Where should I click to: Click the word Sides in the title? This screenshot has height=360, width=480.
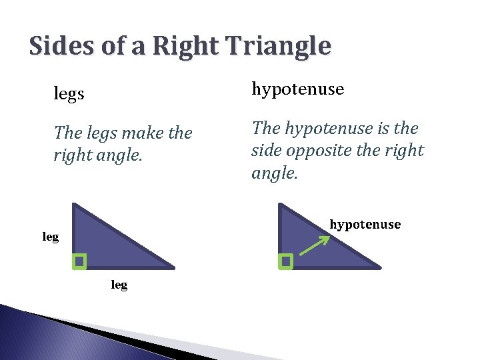(x=62, y=46)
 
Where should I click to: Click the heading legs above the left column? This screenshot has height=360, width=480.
(x=69, y=94)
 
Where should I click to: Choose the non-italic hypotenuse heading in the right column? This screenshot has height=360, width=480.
(x=297, y=89)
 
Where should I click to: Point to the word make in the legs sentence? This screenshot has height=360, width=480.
(x=143, y=133)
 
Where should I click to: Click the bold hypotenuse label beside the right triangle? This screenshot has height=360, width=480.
(x=365, y=224)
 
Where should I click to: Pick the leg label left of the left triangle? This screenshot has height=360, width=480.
(x=51, y=237)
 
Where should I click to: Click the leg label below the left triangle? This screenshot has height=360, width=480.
(x=119, y=285)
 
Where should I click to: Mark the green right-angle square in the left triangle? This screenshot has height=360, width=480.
(x=79, y=261)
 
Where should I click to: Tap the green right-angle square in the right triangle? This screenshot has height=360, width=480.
(x=286, y=261)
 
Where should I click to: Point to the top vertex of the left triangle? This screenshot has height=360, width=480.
(x=74, y=205)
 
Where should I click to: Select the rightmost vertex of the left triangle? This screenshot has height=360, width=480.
(x=173, y=268)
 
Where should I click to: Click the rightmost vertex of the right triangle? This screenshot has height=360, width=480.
(x=380, y=268)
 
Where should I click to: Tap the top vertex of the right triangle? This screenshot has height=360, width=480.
(x=281, y=205)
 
